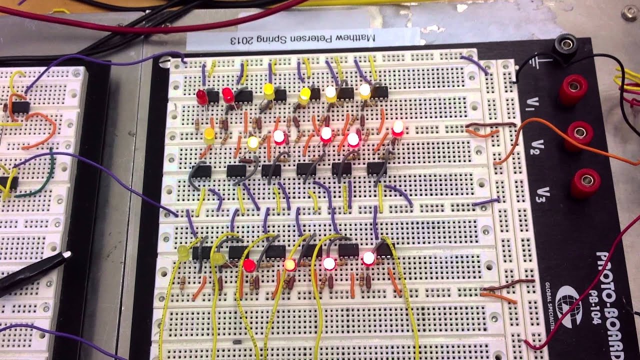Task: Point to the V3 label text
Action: (545, 192)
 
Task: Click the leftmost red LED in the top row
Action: (201, 96)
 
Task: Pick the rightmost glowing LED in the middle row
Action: (398, 128)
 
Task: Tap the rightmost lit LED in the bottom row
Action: (368, 258)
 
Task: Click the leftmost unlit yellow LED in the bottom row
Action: (183, 252)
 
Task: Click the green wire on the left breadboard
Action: (37, 187)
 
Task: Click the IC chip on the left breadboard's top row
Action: (20, 106)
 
